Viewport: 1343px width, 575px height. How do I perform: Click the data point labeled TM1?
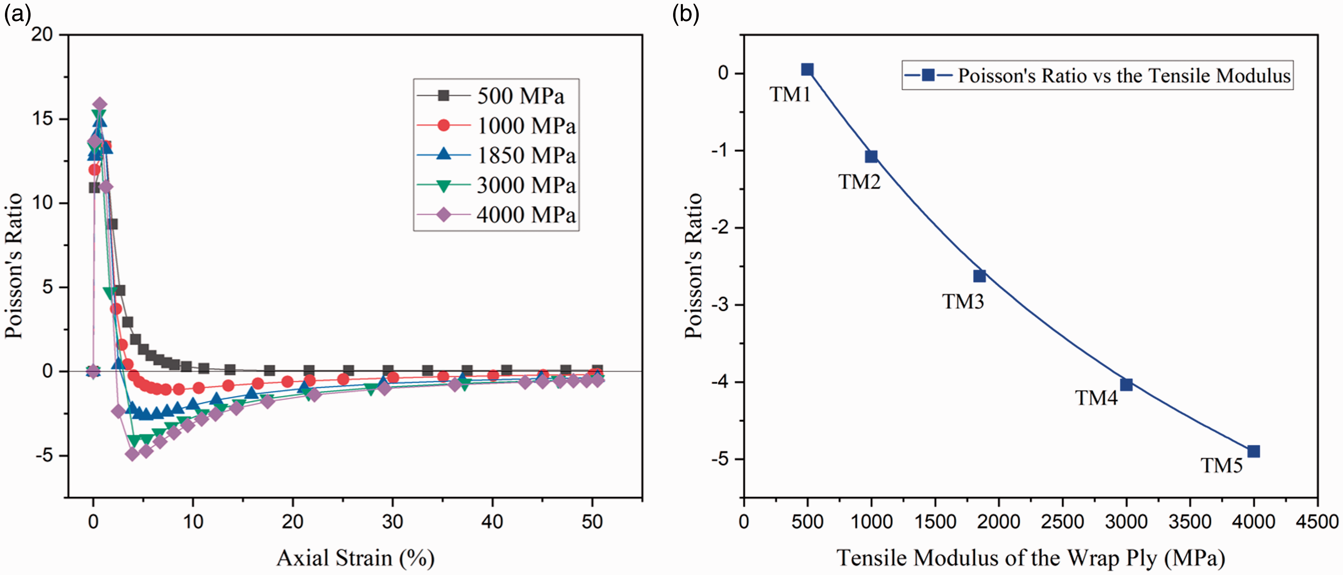click(x=807, y=69)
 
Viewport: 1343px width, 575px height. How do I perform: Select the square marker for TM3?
click(x=980, y=276)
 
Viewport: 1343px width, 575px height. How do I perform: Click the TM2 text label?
click(x=859, y=181)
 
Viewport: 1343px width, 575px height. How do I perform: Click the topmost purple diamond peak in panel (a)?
click(x=100, y=104)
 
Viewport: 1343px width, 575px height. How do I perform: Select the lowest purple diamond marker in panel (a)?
click(x=132, y=453)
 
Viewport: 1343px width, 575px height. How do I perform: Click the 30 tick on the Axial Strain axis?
click(x=392, y=521)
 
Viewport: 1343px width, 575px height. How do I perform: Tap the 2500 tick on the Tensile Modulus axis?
click(x=1062, y=521)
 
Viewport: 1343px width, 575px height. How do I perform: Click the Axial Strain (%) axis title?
click(x=356, y=558)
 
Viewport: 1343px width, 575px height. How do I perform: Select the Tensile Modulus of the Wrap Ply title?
click(x=1031, y=558)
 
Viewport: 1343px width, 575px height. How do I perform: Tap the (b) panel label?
click(x=685, y=14)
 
